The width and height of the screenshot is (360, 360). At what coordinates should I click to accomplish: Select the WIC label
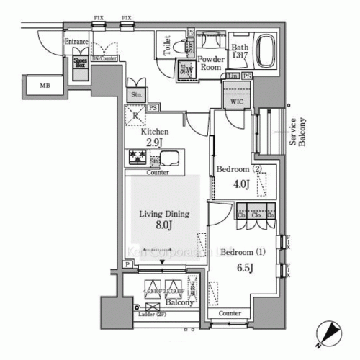pos(236,103)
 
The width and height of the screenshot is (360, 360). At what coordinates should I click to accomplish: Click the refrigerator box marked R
pos(136,115)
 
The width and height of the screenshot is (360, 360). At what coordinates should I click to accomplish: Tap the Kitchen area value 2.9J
pos(154,143)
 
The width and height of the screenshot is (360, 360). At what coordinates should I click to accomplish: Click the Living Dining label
pos(163,214)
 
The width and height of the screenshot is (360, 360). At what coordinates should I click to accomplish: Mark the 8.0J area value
pos(163,226)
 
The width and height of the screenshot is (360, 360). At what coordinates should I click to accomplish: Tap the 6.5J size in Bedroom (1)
pos(246,267)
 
